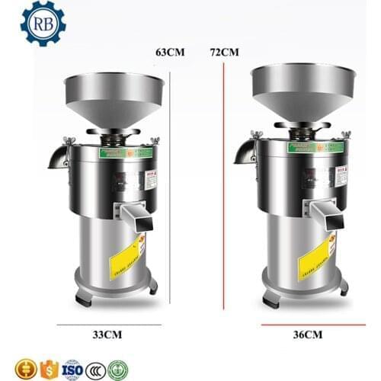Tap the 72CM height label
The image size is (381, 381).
(x=224, y=53)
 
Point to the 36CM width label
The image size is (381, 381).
(x=306, y=334)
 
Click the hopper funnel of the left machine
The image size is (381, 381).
(x=114, y=95)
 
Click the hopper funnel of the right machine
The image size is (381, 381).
(x=303, y=88)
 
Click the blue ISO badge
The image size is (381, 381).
(x=71, y=370)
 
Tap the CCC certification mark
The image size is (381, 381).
(x=94, y=370)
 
